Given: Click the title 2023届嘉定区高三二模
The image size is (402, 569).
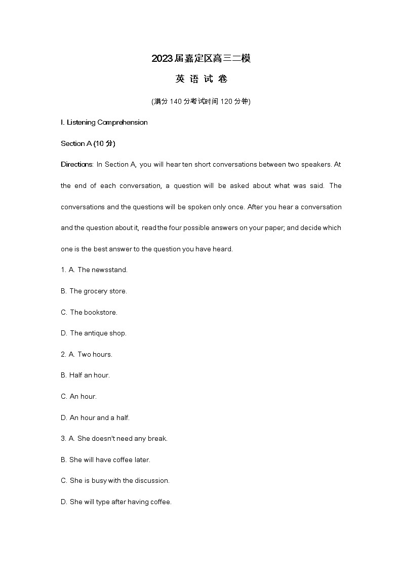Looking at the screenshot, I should [x=201, y=59].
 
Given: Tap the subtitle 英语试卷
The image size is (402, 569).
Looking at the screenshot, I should [x=201, y=79].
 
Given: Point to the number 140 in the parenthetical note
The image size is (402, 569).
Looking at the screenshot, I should [x=175, y=101].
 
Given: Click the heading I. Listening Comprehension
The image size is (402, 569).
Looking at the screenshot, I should [x=104, y=122].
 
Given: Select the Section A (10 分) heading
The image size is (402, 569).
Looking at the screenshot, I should [x=88, y=143].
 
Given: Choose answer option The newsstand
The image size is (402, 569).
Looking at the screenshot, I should [x=102, y=270].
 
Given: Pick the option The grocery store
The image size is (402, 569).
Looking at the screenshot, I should [x=98, y=291].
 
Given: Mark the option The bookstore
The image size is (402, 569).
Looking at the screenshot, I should [x=93, y=313].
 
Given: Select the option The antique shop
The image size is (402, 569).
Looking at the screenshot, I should [x=98, y=333].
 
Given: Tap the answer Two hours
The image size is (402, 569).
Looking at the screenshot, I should [x=95, y=355].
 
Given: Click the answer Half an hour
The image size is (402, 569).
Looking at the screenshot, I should [x=89, y=375].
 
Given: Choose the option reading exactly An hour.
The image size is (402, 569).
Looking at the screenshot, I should [x=83, y=397].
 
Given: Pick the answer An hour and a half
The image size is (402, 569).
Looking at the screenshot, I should [x=99, y=418].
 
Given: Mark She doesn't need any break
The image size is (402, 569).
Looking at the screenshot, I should [x=122, y=439].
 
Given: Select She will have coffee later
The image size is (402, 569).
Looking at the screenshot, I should [x=109, y=460].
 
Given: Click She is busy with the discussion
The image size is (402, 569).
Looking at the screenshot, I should [x=119, y=481].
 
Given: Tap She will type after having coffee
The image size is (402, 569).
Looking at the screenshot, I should [x=120, y=502].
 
